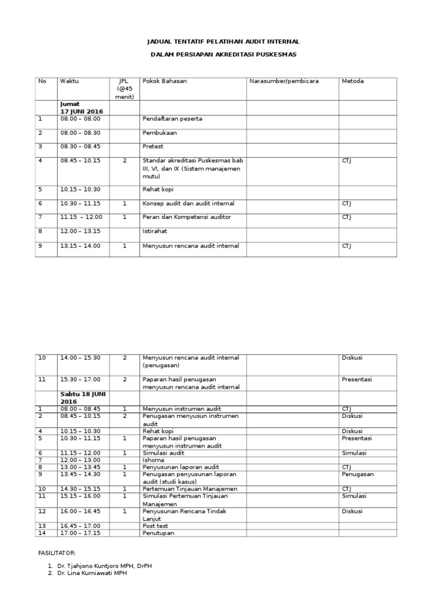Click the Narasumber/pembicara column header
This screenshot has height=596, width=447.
(283, 81)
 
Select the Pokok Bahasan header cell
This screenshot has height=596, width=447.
(165, 81)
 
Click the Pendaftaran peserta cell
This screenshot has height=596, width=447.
(172, 119)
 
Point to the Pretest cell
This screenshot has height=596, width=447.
(154, 147)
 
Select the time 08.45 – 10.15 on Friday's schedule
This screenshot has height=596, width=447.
(80, 161)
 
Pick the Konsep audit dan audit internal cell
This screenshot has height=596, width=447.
(188, 203)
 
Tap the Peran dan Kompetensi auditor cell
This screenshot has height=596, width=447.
(186, 217)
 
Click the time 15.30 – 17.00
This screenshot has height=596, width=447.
(80, 379)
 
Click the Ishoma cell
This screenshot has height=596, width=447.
(153, 460)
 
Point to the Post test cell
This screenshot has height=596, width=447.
(155, 526)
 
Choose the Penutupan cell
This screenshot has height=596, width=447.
(158, 533)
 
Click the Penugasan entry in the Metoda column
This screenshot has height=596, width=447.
(357, 474)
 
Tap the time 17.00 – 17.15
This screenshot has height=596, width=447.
(80, 533)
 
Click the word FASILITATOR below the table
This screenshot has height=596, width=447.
(56, 553)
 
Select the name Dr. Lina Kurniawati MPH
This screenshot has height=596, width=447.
(91, 573)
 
